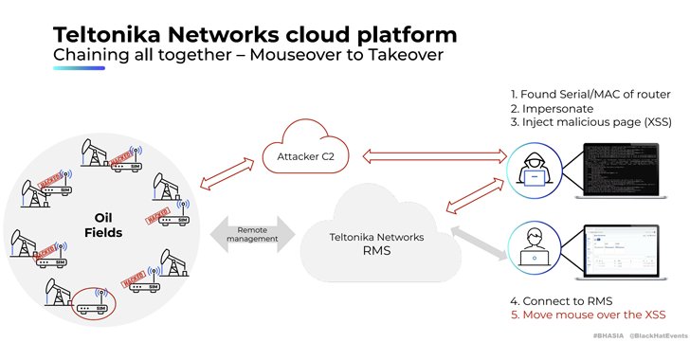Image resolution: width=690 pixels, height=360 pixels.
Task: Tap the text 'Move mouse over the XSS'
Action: tap(593, 315)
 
